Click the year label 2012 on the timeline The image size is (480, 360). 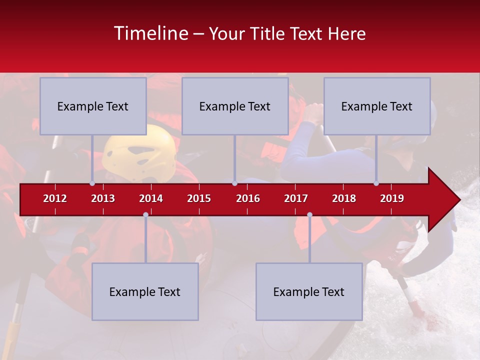click(x=55, y=198)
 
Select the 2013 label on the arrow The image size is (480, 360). click(x=103, y=198)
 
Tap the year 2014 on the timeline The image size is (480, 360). click(x=151, y=198)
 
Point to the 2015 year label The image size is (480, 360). click(x=199, y=198)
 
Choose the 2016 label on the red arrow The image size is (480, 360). click(x=248, y=198)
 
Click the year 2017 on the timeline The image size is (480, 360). click(x=296, y=198)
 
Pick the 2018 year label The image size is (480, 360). click(x=344, y=198)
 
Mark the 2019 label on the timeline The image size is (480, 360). click(x=392, y=198)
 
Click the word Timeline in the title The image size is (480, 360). click(x=150, y=33)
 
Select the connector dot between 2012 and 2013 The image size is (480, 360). click(x=92, y=183)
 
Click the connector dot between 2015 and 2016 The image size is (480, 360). click(x=234, y=183)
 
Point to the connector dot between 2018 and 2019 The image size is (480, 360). click(x=376, y=183)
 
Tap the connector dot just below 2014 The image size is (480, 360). click(x=145, y=215)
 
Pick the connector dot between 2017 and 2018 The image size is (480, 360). click(x=309, y=215)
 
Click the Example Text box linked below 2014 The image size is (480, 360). click(x=145, y=291)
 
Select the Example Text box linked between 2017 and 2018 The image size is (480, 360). click(x=309, y=291)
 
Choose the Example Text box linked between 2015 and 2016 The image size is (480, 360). click(x=235, y=106)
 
